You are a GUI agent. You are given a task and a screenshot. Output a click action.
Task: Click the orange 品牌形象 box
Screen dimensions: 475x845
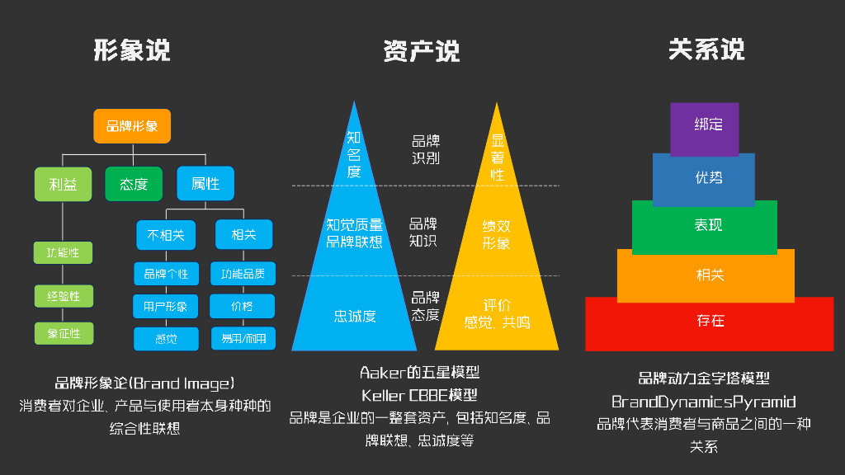[x=132, y=126]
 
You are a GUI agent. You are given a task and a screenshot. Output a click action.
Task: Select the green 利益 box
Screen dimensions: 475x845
[x=64, y=184]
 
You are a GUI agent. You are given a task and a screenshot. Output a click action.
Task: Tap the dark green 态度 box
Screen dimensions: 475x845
[x=134, y=184]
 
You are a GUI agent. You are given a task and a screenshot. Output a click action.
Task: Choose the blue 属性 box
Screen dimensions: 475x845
[x=205, y=184]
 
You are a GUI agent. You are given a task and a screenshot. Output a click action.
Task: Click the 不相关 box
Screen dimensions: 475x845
[x=166, y=235]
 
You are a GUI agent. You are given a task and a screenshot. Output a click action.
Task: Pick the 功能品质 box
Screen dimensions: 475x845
[x=243, y=274]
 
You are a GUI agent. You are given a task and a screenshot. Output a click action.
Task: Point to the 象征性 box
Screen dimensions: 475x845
[x=64, y=333]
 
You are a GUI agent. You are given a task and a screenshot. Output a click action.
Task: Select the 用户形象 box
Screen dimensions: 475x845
[x=166, y=307]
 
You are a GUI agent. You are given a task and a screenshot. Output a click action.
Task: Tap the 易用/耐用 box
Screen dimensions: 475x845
[x=243, y=338]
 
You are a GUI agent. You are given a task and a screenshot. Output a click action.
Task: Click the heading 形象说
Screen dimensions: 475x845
[x=132, y=50]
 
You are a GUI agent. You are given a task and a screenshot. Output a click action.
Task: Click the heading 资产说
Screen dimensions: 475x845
[x=422, y=52]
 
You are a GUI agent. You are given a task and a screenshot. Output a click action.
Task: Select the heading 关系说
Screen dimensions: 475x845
[x=706, y=50]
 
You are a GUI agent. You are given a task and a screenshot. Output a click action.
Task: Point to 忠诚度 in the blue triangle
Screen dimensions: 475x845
[x=355, y=316]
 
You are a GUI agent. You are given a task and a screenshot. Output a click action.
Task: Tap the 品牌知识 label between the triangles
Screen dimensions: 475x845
[x=423, y=233]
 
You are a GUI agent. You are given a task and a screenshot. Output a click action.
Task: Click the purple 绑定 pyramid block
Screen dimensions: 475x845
[x=705, y=126]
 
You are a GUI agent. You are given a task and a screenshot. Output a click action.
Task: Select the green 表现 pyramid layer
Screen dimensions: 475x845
[x=705, y=225]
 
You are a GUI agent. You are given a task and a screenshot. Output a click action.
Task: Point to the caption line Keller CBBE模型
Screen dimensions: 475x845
[x=419, y=396]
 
